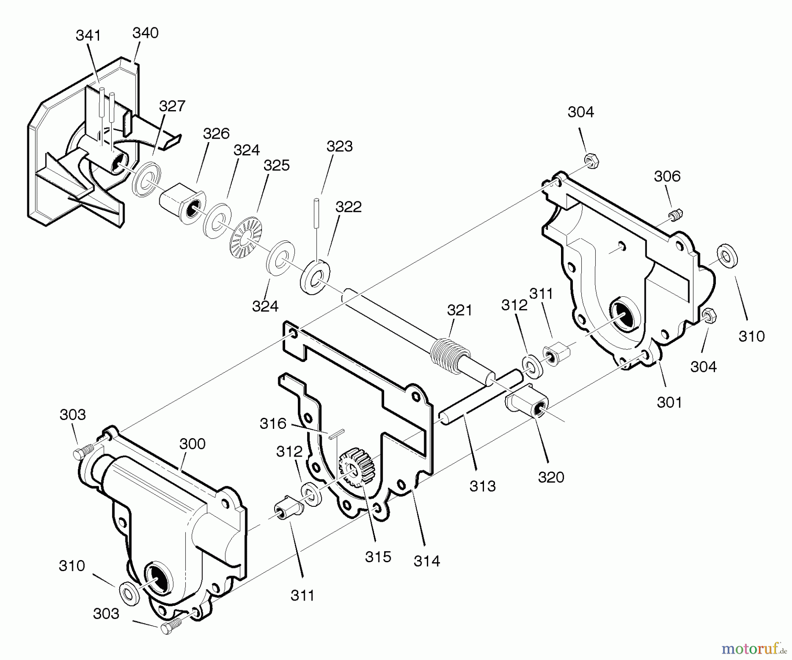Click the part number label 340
[145, 33]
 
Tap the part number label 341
[88, 35]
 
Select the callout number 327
[172, 106]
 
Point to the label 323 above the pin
[339, 146]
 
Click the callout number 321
[459, 310]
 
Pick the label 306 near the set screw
[667, 177]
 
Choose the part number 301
[669, 402]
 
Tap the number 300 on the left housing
[192, 444]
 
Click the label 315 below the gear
[378, 557]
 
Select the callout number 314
[427, 561]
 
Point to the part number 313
[482, 486]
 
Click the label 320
[551, 477]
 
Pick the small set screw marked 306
[676, 216]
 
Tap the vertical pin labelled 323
[317, 213]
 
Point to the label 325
[276, 166]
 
